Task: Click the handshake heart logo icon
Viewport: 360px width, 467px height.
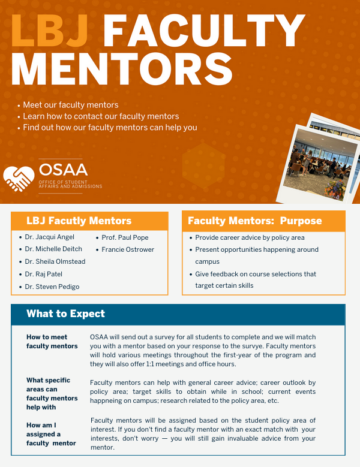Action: tap(19, 175)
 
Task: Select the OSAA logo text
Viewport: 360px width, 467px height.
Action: tap(62, 169)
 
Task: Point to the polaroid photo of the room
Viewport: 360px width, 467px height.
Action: tap(316, 158)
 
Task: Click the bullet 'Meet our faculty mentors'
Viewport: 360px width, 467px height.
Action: tap(70, 105)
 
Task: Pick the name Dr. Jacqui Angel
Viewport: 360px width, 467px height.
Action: tap(50, 237)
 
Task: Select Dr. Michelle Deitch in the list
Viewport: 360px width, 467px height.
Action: tap(53, 249)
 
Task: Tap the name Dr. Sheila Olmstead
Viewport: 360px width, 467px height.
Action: tap(55, 261)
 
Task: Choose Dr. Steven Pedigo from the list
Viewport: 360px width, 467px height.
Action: tap(52, 287)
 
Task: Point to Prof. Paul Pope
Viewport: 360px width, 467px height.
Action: tap(125, 237)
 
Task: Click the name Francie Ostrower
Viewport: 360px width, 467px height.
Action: tap(128, 249)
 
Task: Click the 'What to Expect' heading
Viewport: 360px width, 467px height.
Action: tap(65, 314)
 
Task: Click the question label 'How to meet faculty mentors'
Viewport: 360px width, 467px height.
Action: tap(52, 342)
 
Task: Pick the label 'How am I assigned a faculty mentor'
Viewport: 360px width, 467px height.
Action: tap(51, 434)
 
